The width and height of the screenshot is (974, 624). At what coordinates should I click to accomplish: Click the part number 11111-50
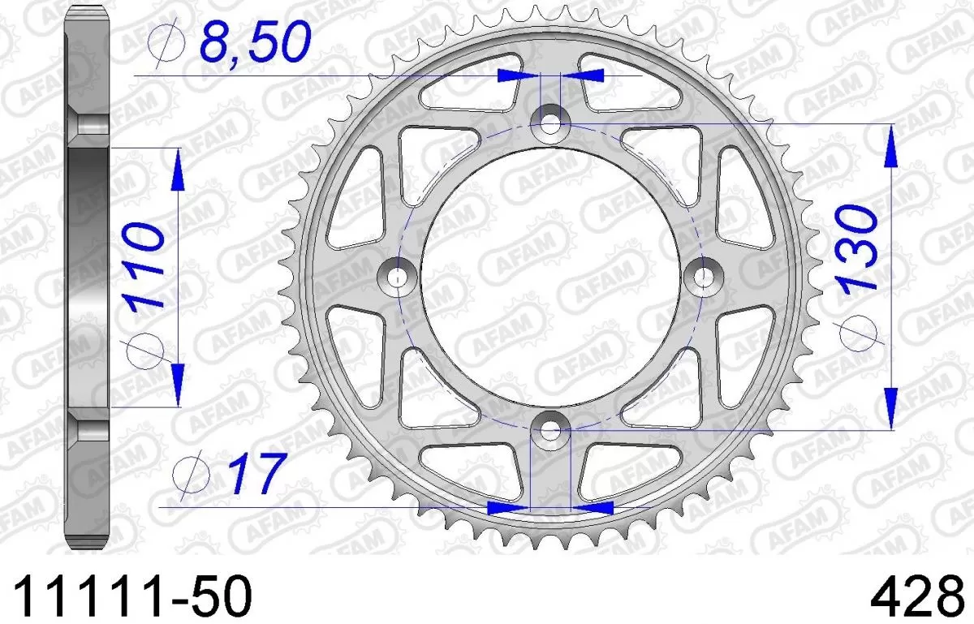click(131, 598)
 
